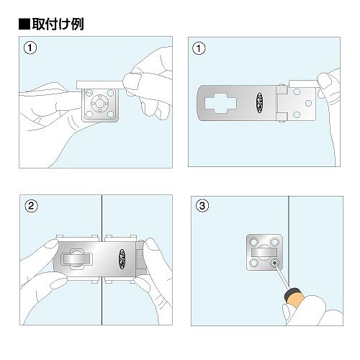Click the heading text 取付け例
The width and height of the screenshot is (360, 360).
[58, 24]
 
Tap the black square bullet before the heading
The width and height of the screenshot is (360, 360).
[24, 24]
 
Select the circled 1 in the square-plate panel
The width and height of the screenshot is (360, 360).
[30, 48]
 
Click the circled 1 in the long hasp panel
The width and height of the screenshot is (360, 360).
[199, 49]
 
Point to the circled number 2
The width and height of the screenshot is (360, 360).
[31, 206]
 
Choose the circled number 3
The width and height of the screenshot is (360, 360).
[202, 206]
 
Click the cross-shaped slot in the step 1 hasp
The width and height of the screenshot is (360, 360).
[220, 103]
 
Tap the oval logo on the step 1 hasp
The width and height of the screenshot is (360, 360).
[259, 103]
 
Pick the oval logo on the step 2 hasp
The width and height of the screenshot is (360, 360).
[122, 259]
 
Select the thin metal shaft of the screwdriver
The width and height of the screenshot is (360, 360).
[282, 277]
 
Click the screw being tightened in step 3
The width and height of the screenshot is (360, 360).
[274, 264]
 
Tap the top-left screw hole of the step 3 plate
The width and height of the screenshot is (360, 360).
[253, 241]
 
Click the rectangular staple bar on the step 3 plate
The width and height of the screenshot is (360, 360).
[264, 252]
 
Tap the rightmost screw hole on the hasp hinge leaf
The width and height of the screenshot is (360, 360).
[308, 103]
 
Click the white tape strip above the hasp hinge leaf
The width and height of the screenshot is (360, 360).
[304, 84]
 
